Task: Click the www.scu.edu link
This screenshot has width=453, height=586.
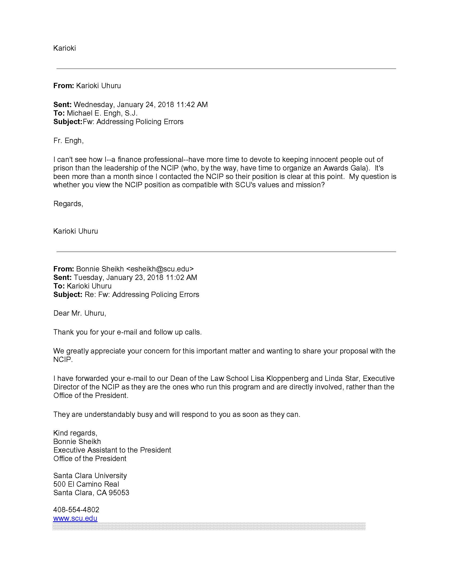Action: pos(75,518)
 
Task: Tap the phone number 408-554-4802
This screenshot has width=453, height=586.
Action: pos(76,510)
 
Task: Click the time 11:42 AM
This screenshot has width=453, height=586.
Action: pos(192,104)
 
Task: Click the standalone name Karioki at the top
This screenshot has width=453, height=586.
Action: pos(64,48)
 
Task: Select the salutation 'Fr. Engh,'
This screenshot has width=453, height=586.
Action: pos(68,141)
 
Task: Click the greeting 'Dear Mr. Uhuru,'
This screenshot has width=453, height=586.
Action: pos(80,313)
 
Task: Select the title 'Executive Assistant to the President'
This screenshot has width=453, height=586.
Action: pos(112,450)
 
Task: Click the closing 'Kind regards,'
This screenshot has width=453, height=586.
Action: pos(75,433)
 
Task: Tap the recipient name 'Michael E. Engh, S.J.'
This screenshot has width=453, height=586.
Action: pos(102,113)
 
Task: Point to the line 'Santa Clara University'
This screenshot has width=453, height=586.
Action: pos(90,475)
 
